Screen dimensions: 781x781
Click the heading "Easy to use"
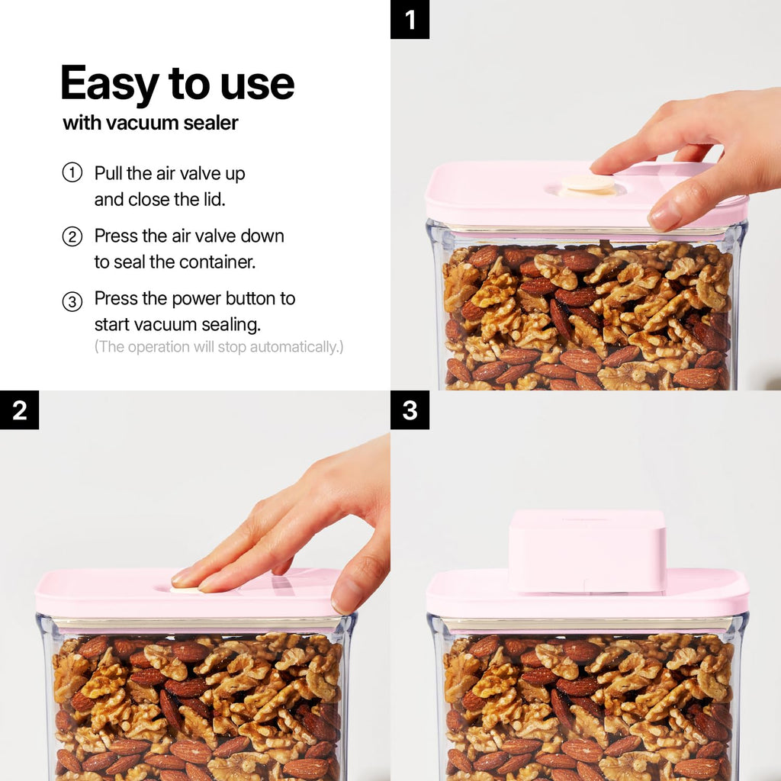[x=177, y=84]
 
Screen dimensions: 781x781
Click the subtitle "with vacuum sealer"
[x=150, y=123]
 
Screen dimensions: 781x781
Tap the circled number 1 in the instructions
[x=72, y=173]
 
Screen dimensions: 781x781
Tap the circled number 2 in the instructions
[x=72, y=236]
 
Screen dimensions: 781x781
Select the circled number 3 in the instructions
[x=72, y=301]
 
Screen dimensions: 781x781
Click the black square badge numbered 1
[x=410, y=19]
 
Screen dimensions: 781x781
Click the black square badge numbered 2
[x=19, y=410]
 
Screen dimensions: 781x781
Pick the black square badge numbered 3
[x=410, y=410]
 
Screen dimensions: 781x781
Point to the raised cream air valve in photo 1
[x=587, y=185]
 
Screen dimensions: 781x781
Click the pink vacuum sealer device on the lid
[x=587, y=551]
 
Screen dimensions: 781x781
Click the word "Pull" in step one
[x=108, y=173]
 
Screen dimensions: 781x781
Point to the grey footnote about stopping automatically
[x=219, y=347]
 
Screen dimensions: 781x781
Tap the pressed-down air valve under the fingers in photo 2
[x=185, y=590]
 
